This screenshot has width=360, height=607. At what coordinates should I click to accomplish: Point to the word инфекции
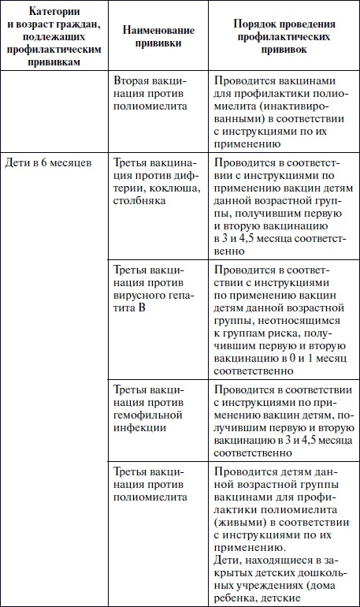tap(143, 429)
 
